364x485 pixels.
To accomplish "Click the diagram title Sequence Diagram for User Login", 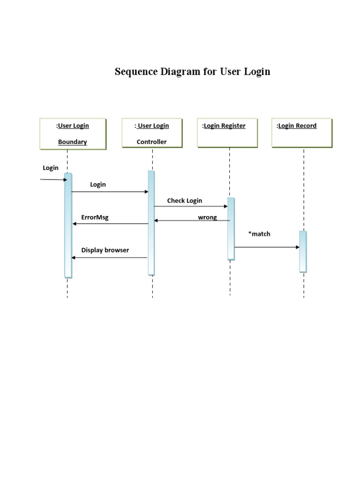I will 192,72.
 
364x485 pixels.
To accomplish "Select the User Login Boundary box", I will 73,134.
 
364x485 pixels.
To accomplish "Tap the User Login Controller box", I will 152,134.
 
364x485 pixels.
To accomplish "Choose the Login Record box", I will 302,134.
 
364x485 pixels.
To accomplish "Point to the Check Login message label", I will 184,200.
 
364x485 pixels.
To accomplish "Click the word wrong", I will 207,217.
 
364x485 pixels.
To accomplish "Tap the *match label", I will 259,234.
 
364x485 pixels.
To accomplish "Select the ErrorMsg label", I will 95,217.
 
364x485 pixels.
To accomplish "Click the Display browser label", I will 105,250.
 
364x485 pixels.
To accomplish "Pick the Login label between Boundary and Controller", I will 98,184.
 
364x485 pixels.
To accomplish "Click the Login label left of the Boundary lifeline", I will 51,168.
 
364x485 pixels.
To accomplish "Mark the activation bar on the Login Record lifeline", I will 303,251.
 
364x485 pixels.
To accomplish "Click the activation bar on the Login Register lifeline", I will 231,228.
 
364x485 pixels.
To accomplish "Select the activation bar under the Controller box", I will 151,223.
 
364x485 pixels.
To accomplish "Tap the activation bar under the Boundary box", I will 68,225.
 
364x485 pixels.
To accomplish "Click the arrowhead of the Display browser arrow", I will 73,258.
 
